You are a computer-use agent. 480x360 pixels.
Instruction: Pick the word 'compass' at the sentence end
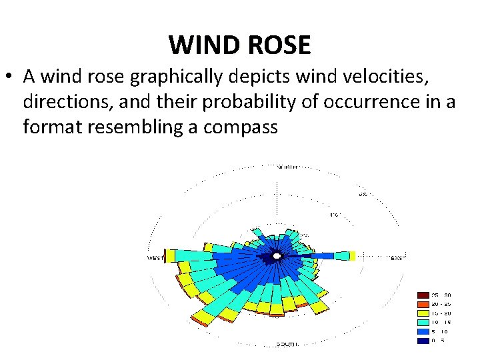click(241, 127)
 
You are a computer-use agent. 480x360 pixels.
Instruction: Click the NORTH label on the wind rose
click(287, 166)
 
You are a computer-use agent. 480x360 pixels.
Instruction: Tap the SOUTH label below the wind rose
click(287, 344)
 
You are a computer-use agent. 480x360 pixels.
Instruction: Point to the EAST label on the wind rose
click(397, 257)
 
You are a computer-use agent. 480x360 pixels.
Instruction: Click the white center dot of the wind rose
click(277, 255)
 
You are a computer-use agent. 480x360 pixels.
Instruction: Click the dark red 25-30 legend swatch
click(423, 295)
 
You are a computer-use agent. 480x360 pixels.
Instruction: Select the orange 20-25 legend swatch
click(423, 303)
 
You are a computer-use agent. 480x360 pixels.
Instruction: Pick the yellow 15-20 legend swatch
click(423, 313)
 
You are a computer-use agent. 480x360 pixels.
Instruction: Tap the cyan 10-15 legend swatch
click(423, 322)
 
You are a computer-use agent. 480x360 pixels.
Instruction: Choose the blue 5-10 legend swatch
click(423, 331)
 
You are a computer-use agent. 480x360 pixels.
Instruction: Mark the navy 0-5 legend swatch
click(423, 341)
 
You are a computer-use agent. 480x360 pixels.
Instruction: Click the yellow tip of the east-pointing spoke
click(353, 255)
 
